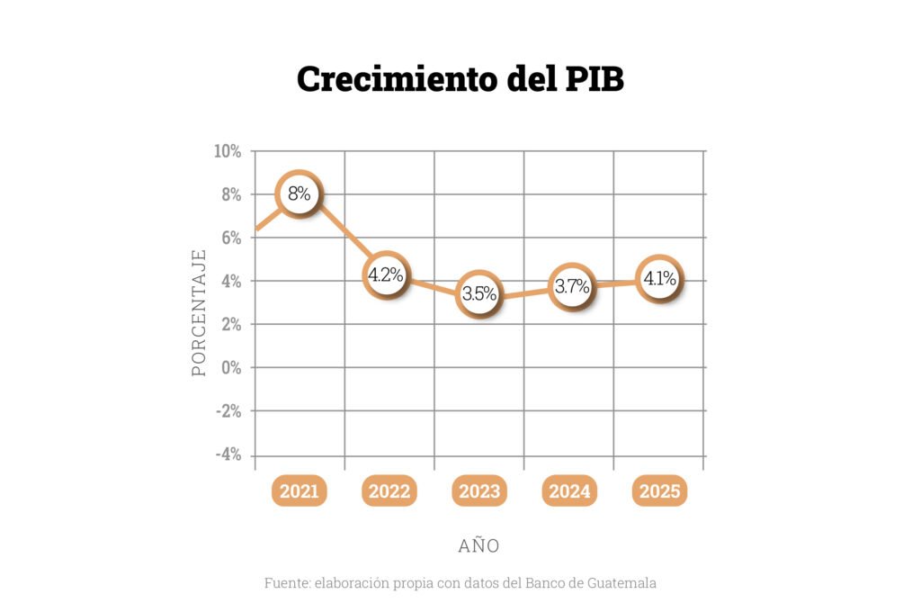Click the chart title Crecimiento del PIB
tap(460, 78)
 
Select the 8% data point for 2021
tap(299, 193)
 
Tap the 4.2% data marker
tap(386, 275)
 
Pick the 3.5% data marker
tap(479, 293)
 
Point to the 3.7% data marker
tap(571, 287)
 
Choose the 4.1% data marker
tap(659, 279)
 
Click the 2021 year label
tap(299, 491)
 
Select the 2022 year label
tap(389, 491)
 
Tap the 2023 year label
tap(479, 491)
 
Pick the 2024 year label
tap(569, 491)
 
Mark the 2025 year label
tap(659, 491)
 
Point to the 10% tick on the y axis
tap(228, 151)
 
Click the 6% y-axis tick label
tap(231, 238)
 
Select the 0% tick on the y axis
tap(231, 367)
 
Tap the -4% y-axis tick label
tap(228, 454)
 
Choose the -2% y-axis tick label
tap(228, 411)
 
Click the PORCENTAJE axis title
tap(199, 311)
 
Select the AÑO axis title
tap(478, 545)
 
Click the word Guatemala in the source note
tap(623, 582)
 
